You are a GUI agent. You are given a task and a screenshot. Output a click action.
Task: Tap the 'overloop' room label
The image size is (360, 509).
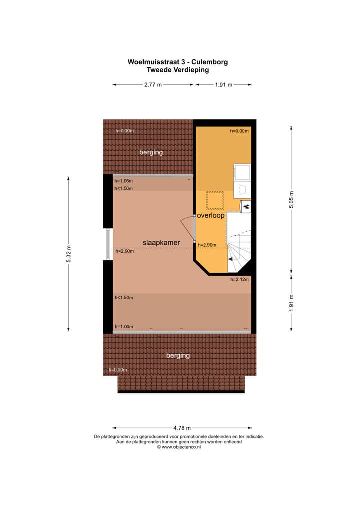click(210, 216)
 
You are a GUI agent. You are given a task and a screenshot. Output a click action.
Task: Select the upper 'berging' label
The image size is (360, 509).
click(151, 152)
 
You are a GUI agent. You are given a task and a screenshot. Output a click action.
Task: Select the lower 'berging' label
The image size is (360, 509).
click(178, 355)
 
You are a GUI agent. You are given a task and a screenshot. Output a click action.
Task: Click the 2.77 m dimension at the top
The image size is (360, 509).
click(153, 85)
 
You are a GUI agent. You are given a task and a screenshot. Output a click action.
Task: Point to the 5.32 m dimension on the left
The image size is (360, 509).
click(69, 254)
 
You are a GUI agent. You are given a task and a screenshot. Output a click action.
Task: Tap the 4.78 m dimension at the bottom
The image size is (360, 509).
click(182, 428)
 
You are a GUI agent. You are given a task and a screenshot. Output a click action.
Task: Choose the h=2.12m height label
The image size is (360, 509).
click(239, 280)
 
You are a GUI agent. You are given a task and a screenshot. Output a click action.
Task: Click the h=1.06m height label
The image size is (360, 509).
click(123, 181)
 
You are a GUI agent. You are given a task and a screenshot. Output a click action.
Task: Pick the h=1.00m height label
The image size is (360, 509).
click(123, 326)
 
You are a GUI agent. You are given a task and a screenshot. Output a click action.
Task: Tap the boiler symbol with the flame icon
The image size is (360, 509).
click(246, 205)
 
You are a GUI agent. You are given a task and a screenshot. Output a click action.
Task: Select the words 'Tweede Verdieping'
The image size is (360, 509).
click(178, 70)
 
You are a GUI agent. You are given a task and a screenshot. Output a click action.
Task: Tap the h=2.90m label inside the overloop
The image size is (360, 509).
click(207, 245)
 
